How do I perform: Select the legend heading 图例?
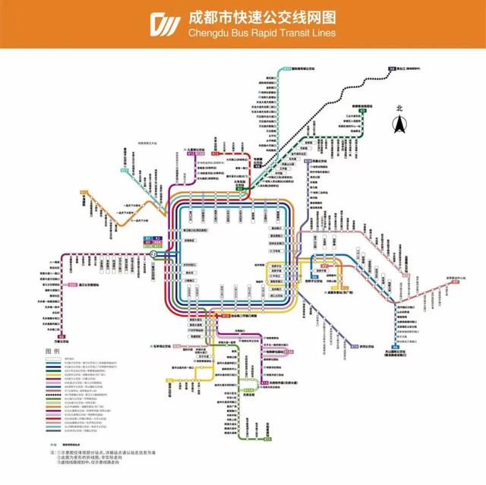53,351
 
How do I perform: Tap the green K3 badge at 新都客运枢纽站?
363,111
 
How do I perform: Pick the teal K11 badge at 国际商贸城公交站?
286,68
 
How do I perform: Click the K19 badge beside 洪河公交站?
354,348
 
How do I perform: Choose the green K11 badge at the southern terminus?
267,437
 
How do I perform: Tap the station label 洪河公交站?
368,348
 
